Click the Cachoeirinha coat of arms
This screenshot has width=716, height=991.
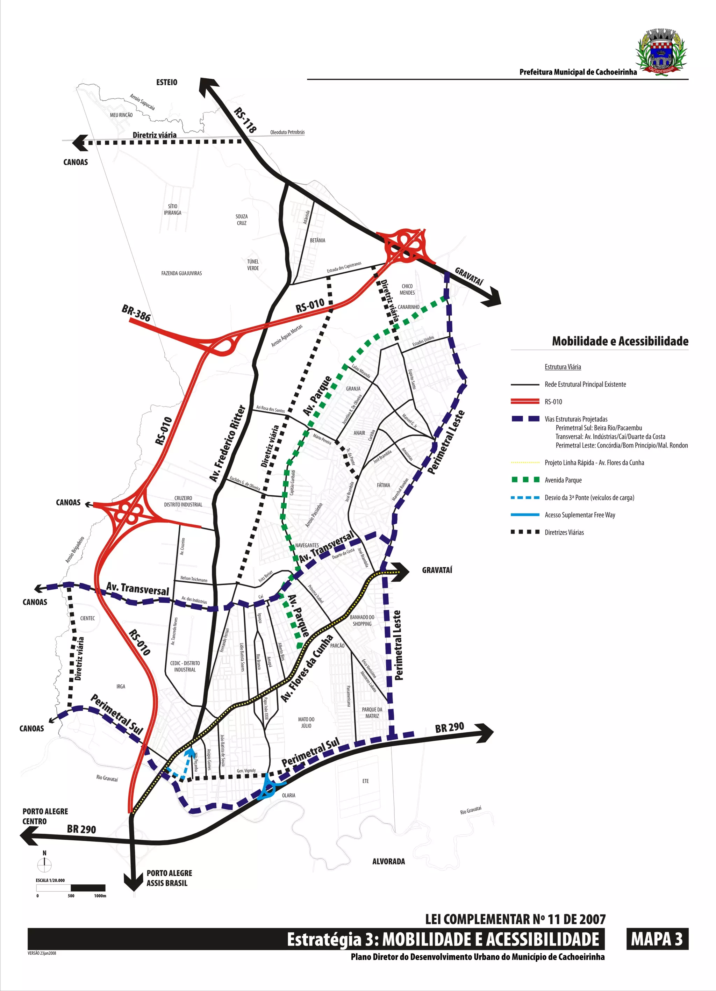(661, 52)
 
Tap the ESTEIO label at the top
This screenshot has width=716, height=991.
(166, 82)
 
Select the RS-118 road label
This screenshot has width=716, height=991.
(245, 120)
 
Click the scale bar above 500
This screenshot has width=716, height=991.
(71, 888)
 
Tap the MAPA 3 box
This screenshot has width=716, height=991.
(657, 939)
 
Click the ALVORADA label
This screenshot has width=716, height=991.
(388, 861)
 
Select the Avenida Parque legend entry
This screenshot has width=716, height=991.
(563, 480)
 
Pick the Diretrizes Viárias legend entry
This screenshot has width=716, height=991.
(564, 532)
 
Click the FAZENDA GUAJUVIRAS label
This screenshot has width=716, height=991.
(181, 273)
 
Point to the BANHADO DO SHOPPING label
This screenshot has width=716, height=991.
(362, 620)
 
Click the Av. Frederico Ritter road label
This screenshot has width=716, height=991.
(227, 443)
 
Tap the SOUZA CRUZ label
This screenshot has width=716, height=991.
(241, 220)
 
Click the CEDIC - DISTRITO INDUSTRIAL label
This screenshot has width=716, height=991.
(185, 666)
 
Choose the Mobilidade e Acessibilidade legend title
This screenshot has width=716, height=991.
(620, 341)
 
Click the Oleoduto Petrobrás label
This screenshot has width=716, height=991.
(287, 132)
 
